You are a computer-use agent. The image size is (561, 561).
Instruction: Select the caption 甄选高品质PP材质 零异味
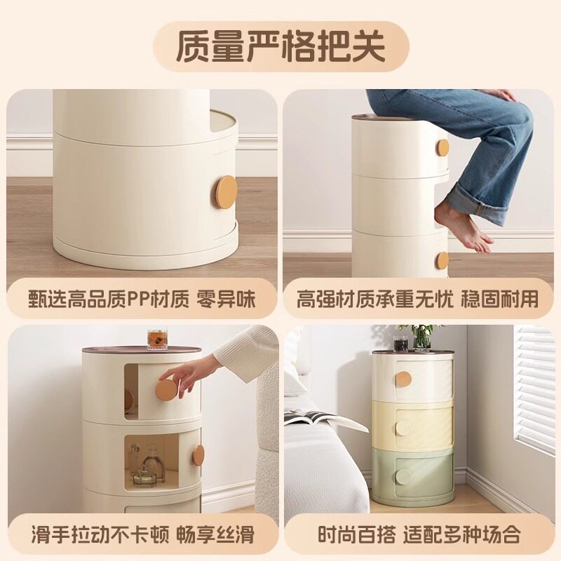coord(142,299)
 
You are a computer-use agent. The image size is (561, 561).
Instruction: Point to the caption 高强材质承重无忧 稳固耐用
coord(417,299)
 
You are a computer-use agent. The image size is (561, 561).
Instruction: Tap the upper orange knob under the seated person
coord(442,148)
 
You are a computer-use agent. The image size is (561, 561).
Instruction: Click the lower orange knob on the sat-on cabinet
coord(441,260)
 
